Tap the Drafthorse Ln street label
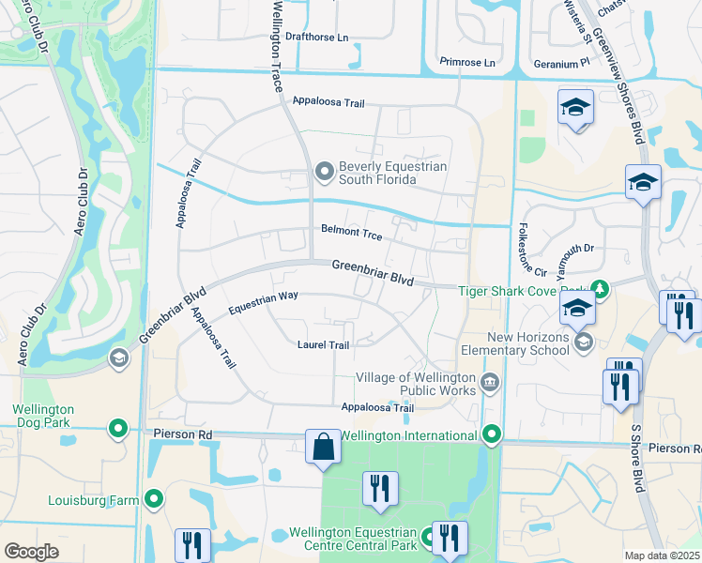[x=317, y=38]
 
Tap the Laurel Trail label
[x=323, y=345]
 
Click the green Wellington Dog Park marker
[x=118, y=429]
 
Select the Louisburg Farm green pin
[x=154, y=499]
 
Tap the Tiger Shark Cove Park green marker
[x=601, y=290]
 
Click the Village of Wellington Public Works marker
[x=489, y=382]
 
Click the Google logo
[x=31, y=551]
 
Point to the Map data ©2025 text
[x=663, y=555]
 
